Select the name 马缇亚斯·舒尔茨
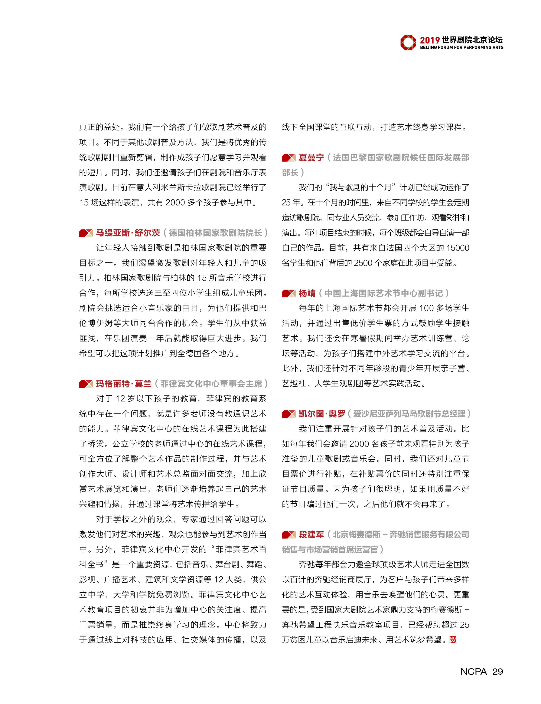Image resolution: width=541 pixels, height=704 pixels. tap(128, 233)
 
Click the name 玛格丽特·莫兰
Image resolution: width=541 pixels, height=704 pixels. tap(124, 384)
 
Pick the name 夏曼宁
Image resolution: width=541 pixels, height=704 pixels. tap(311, 157)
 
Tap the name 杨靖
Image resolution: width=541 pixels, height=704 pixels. tap(307, 293)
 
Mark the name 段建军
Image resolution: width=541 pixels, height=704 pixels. tap(311, 534)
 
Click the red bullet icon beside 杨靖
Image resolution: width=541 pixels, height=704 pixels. tap(289, 293)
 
